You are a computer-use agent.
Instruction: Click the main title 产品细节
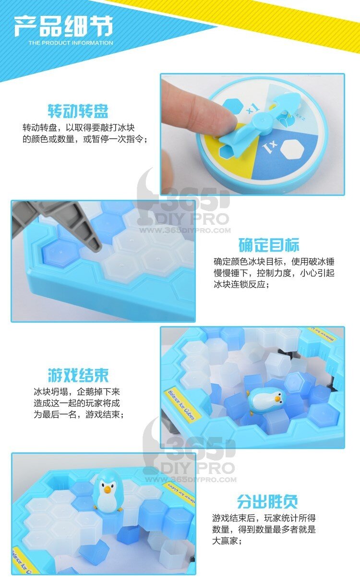[x=63, y=26]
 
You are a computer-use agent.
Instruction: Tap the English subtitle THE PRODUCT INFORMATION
[x=71, y=43]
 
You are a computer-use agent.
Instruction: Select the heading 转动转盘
[x=78, y=111]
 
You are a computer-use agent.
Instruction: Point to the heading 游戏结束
[x=78, y=375]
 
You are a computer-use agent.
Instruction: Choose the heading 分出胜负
[x=267, y=501]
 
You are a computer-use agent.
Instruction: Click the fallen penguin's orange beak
[x=278, y=399]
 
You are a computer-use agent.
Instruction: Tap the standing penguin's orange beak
[x=107, y=490]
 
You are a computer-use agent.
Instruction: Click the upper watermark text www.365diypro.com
[x=185, y=231]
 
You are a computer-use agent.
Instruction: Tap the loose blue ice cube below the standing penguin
[x=127, y=531]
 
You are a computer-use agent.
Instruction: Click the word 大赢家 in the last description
[x=225, y=541]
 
